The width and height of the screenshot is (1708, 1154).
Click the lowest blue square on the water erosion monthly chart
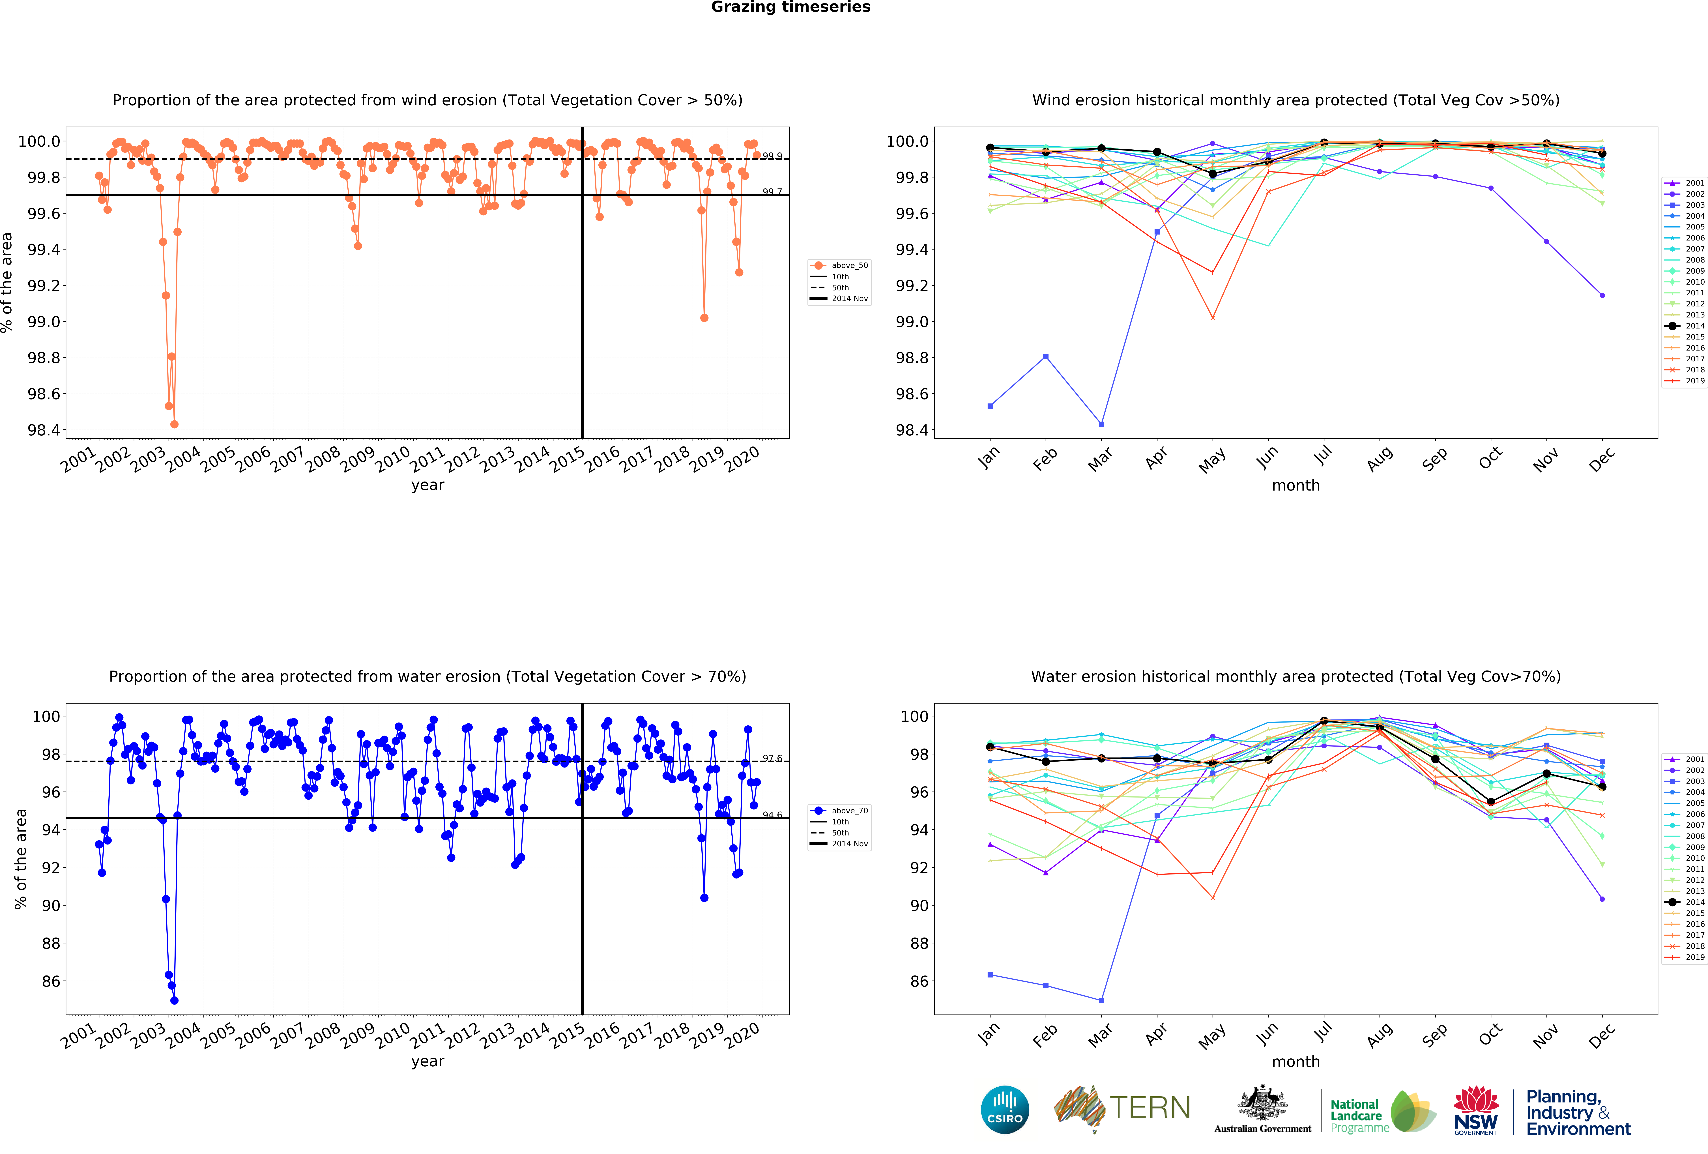tap(1101, 1000)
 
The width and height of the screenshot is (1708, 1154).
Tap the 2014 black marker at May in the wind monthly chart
tap(1213, 174)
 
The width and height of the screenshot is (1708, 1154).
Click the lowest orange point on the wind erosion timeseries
tap(174, 424)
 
